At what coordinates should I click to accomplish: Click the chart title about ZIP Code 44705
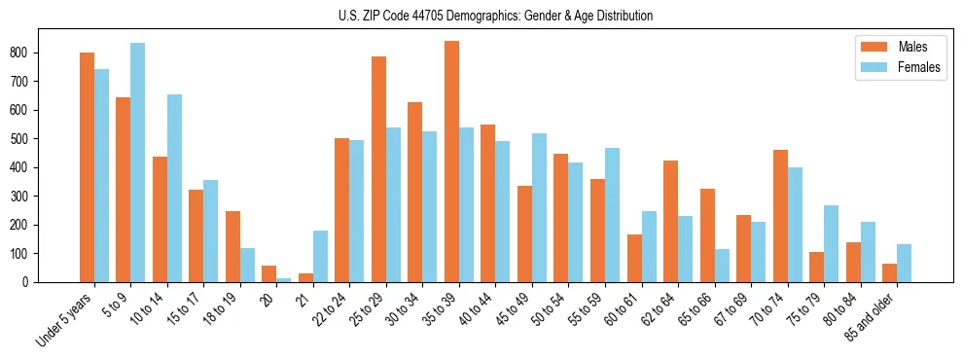481,16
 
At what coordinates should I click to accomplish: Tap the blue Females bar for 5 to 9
137,162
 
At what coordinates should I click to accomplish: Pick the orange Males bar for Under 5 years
87,167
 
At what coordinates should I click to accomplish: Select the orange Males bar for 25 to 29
378,169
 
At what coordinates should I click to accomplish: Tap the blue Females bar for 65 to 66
722,266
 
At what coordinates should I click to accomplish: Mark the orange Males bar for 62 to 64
670,222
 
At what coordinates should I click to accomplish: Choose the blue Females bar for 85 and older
904,263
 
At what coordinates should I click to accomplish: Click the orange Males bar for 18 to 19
232,246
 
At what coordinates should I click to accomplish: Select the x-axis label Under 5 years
66,317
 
